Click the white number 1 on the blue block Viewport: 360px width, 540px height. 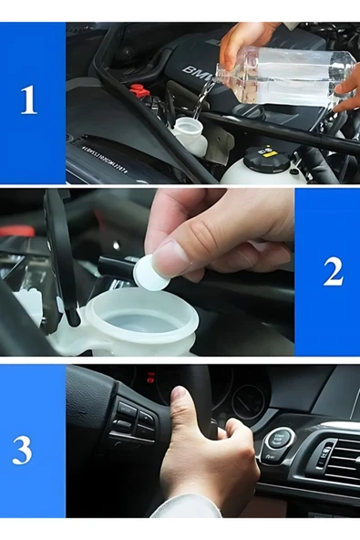(29, 99)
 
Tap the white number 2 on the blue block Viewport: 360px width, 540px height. (333, 271)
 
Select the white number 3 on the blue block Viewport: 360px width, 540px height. (23, 449)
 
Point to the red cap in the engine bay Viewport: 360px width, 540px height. (139, 91)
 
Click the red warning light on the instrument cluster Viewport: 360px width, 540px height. (147, 376)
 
